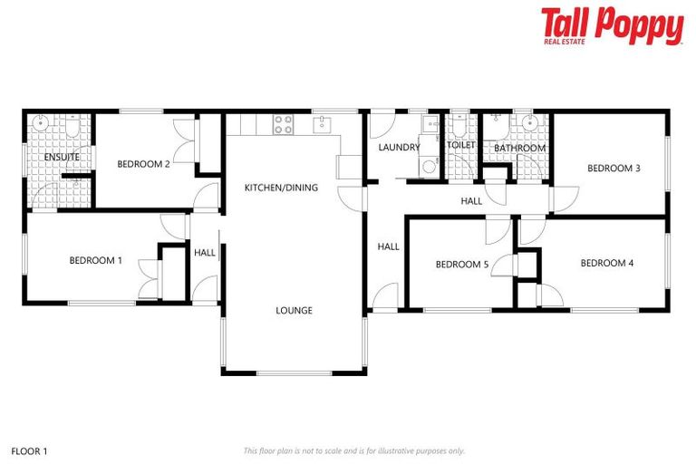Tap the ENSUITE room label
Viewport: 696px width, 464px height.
click(x=62, y=158)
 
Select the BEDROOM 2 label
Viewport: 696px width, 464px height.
click(x=144, y=164)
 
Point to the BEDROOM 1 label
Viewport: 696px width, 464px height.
click(x=96, y=260)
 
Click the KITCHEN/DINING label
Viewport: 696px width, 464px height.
click(x=282, y=188)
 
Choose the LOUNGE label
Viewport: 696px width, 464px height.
click(x=295, y=311)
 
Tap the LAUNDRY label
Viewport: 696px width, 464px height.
click(x=399, y=147)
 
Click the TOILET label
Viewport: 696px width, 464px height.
click(x=461, y=145)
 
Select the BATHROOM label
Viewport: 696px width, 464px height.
click(x=519, y=148)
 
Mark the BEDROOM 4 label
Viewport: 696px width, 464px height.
click(x=606, y=264)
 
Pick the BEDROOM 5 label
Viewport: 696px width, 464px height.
click(x=462, y=265)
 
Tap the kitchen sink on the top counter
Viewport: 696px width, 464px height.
click(x=324, y=123)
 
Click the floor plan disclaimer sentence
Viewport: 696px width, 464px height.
click(x=354, y=450)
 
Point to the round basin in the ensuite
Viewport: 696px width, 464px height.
click(x=42, y=124)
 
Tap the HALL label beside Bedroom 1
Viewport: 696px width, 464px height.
click(x=205, y=253)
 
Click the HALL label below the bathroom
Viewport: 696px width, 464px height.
click(x=471, y=201)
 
